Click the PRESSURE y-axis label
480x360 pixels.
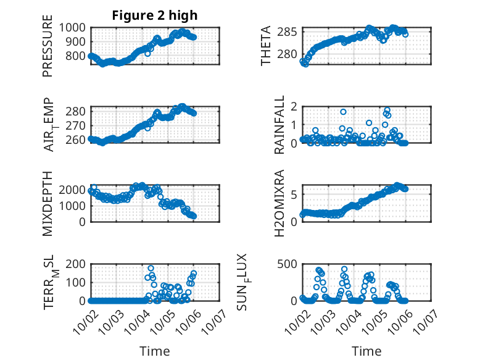[48, 50]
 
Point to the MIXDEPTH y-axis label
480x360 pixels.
[48, 203]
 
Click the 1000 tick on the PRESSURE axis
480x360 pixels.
[75, 27]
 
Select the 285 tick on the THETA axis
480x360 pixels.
[290, 31]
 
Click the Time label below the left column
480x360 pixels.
[155, 351]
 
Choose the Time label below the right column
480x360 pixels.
[366, 351]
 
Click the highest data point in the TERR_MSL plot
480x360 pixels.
[151, 269]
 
